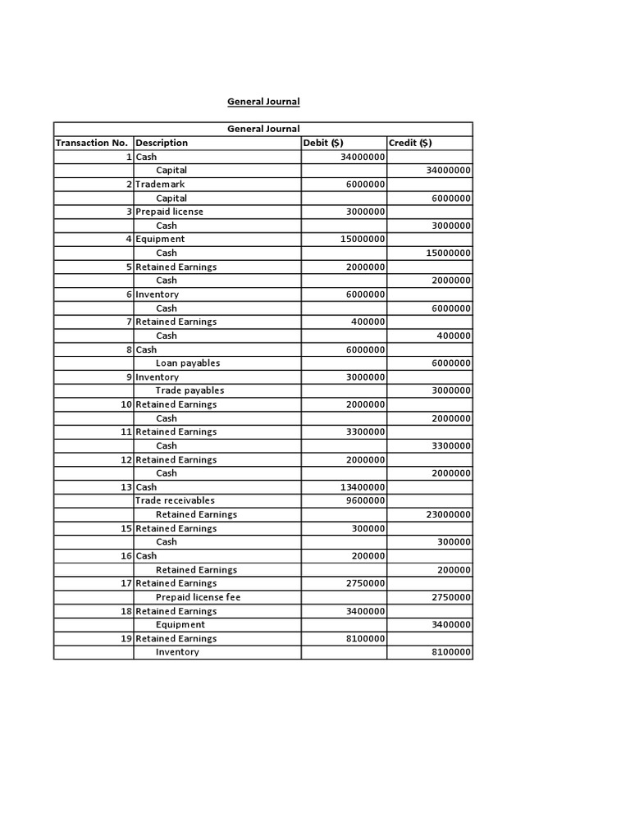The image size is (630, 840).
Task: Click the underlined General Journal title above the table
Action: coord(263,102)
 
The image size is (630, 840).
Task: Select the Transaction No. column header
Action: coord(92,143)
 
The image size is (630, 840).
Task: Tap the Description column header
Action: coord(162,143)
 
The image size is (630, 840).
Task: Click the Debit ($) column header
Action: coord(323,143)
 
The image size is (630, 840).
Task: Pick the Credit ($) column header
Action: coord(410,143)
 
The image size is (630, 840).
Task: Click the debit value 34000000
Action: coord(363,157)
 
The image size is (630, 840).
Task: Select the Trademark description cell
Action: coord(160,185)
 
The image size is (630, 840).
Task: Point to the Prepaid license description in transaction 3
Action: coord(169,212)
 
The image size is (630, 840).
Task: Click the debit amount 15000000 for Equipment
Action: coord(363,240)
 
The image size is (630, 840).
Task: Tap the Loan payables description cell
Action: coord(188,363)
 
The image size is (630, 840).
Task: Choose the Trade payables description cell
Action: coord(189,390)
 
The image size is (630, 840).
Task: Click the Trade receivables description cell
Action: coord(175,500)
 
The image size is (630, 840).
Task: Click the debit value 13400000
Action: coord(363,487)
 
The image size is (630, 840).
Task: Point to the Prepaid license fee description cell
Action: coord(198,597)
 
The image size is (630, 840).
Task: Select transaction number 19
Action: coord(126,638)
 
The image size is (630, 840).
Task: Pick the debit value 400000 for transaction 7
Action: coord(368,322)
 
